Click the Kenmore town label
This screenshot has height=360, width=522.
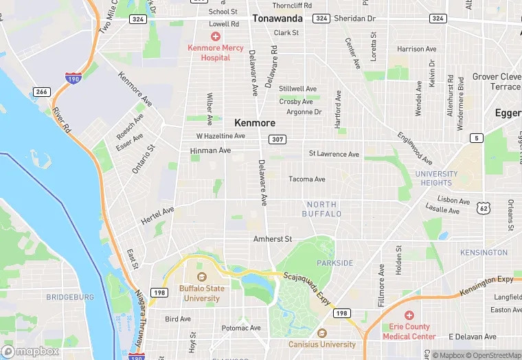point(255,122)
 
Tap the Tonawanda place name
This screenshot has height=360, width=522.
point(278,19)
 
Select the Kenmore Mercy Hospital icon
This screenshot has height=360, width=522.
point(216,36)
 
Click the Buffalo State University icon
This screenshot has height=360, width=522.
point(201,278)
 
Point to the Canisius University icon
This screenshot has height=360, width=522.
point(323,333)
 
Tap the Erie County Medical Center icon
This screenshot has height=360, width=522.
point(410,315)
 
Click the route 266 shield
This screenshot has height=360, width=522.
point(41,91)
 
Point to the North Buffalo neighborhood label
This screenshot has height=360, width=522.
point(321,209)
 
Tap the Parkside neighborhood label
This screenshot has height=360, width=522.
point(334,263)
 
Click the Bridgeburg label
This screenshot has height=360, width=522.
point(69,297)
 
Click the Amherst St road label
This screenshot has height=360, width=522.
point(273,239)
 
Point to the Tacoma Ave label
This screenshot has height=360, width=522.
point(307,179)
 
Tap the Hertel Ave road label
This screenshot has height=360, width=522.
point(157,215)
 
